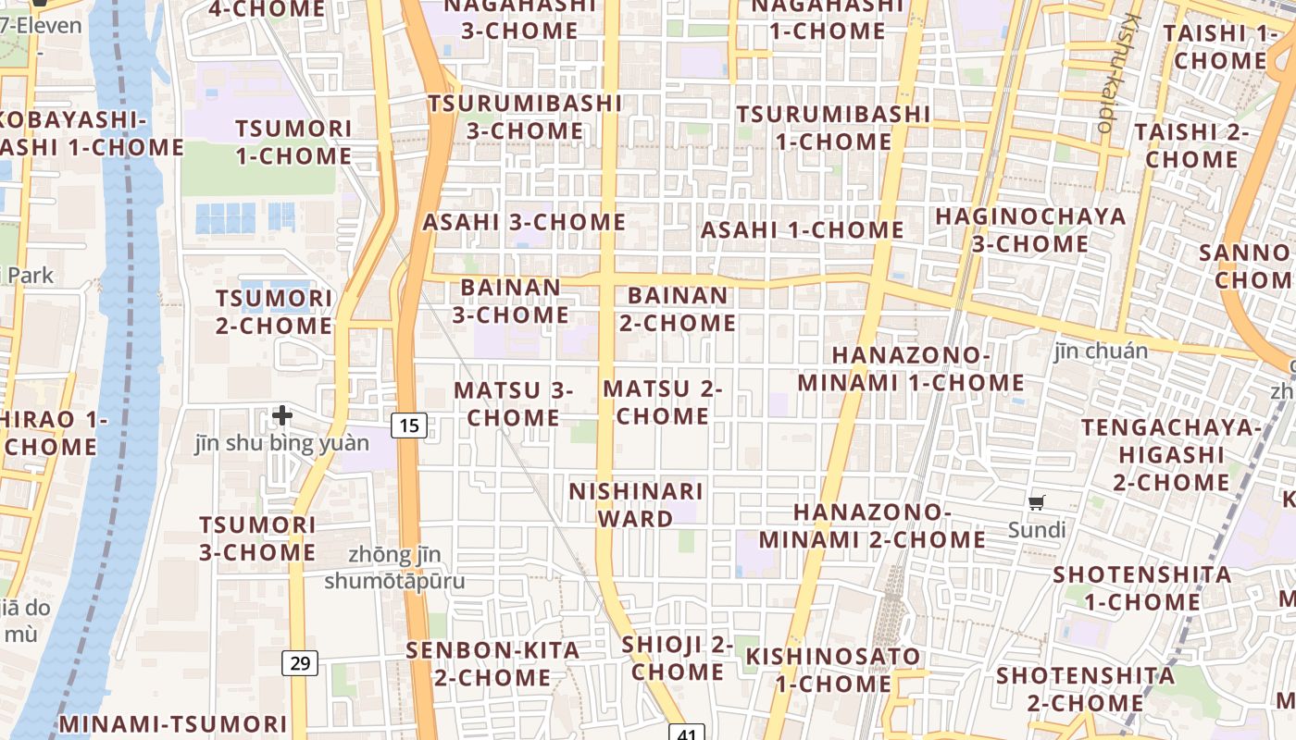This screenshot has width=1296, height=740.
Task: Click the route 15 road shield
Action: coord(409,425)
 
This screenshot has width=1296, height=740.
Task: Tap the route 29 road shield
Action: coord(300,662)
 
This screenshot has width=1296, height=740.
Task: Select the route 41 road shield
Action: coord(686,734)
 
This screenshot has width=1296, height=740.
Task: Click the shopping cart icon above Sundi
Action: coord(1037,502)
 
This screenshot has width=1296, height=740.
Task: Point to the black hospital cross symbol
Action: coord(282,415)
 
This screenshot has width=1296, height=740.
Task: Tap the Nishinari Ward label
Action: coord(636,504)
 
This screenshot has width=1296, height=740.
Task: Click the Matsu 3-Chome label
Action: coord(513,404)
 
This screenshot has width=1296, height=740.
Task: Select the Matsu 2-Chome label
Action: coord(663,402)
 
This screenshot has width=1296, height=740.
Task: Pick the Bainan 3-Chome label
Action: coord(510,301)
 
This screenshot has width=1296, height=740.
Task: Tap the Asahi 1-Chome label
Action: coord(802,229)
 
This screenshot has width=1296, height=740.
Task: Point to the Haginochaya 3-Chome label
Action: coord(1030,230)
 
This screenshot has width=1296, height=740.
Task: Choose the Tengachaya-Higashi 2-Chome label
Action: coord(1171,454)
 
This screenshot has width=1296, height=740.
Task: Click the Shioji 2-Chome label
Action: coord(678,658)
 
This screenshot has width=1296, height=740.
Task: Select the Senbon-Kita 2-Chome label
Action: coord(492,663)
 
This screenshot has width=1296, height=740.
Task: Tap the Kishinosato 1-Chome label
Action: coord(833,670)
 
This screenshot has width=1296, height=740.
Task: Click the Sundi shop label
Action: coord(1037,530)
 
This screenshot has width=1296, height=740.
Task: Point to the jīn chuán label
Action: coord(1101,351)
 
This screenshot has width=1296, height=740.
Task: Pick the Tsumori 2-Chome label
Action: coord(273,312)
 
